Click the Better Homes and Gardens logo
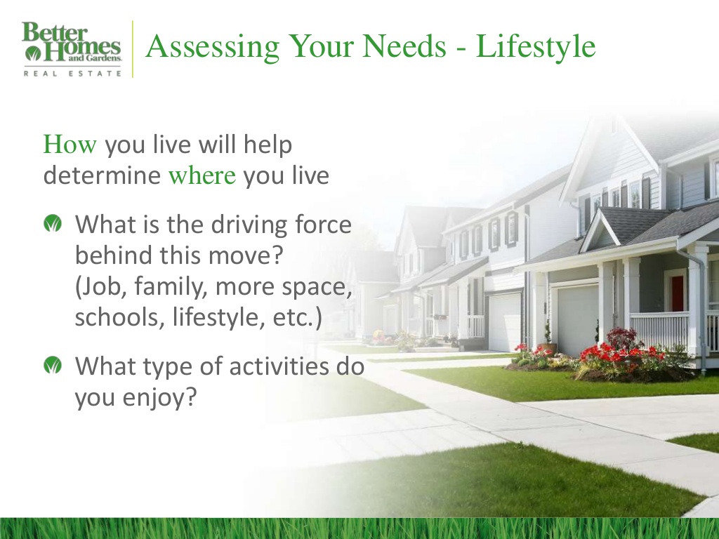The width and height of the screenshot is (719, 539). click(x=72, y=44)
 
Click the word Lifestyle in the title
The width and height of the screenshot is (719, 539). click(x=536, y=47)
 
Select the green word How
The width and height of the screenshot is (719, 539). click(x=69, y=145)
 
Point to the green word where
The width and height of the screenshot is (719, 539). click(x=202, y=175)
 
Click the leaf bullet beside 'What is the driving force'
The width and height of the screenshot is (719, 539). click(x=52, y=225)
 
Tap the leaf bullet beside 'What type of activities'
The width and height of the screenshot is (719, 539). click(x=52, y=366)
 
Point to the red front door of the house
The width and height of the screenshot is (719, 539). click(x=677, y=293)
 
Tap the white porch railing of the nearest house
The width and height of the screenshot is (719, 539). click(x=659, y=329)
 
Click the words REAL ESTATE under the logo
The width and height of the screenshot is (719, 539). click(x=72, y=73)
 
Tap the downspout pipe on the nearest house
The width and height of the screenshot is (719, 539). click(x=701, y=309)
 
